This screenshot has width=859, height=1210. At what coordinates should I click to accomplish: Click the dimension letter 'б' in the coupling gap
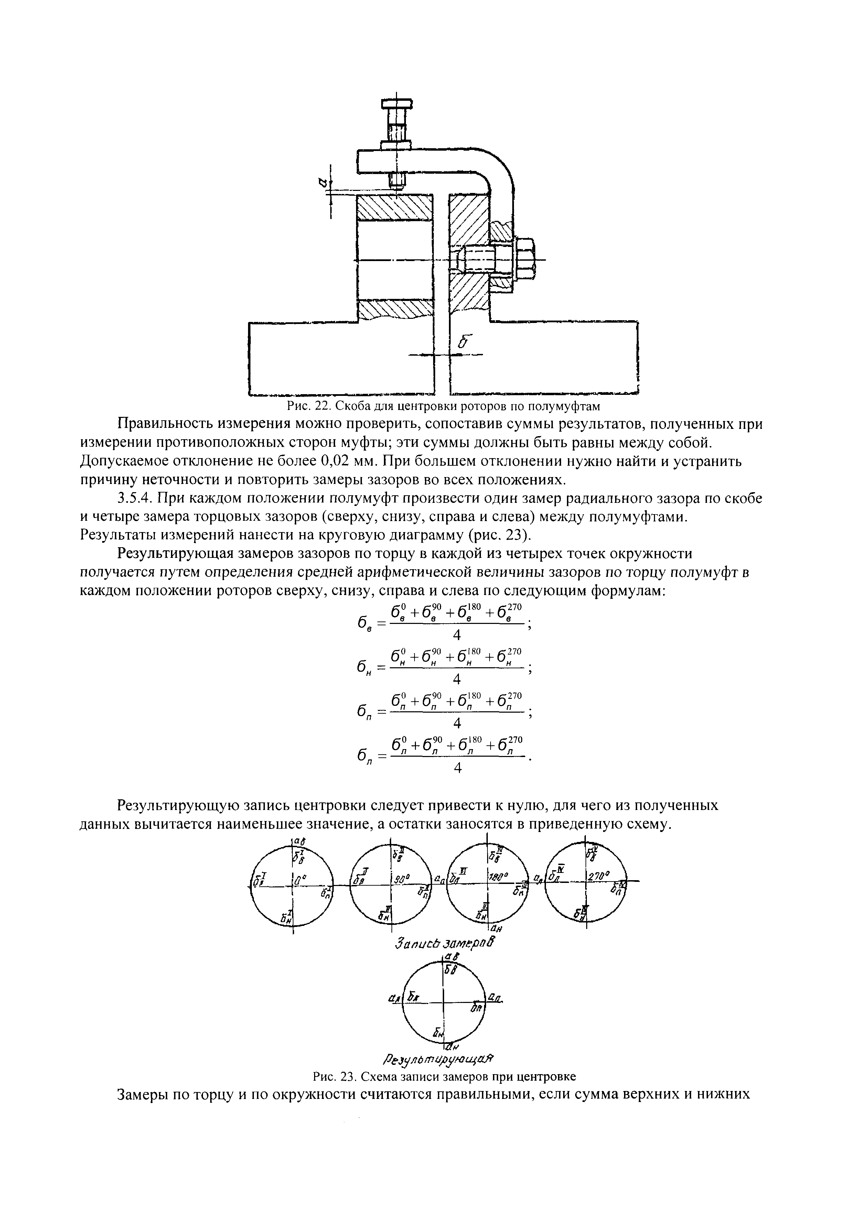(463, 342)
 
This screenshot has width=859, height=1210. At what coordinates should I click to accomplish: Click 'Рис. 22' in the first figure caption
(308, 406)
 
